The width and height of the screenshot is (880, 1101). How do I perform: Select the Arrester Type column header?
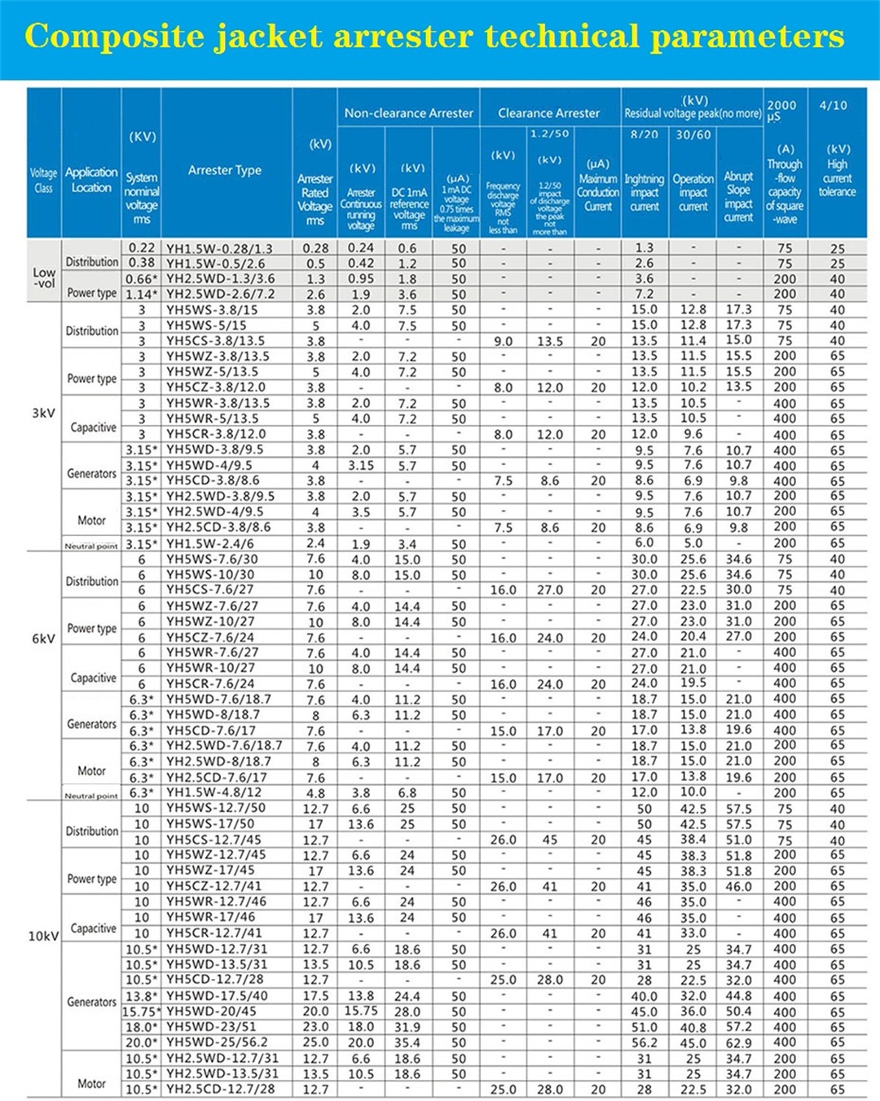pyautogui.click(x=225, y=170)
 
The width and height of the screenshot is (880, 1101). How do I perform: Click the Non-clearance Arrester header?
pyautogui.click(x=408, y=113)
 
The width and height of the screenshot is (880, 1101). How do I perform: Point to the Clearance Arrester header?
pyautogui.click(x=548, y=113)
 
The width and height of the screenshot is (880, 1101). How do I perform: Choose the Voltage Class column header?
pyautogui.click(x=43, y=180)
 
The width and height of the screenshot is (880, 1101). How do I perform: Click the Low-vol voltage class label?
pyautogui.click(x=44, y=278)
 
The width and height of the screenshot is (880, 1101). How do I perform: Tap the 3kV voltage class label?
pyautogui.click(x=43, y=413)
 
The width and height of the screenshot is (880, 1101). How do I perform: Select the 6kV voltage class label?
pyautogui.click(x=43, y=638)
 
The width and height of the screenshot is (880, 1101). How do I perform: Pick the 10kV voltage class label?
pyautogui.click(x=43, y=936)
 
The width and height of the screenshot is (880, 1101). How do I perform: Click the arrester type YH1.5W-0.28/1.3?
pyautogui.click(x=219, y=248)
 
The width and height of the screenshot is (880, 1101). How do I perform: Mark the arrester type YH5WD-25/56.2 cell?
pyautogui.click(x=217, y=1042)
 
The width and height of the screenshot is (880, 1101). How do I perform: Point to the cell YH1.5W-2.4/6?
pyautogui.click(x=210, y=543)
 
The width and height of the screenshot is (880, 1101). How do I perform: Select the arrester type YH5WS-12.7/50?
pyautogui.click(x=216, y=809)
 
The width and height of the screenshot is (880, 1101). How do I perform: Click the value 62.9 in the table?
pyautogui.click(x=738, y=1042)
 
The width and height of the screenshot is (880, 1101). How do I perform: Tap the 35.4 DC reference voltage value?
pyautogui.click(x=407, y=1042)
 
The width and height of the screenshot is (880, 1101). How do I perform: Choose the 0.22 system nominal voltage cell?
pyautogui.click(x=141, y=248)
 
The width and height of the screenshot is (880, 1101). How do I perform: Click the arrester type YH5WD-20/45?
pyautogui.click(x=211, y=1011)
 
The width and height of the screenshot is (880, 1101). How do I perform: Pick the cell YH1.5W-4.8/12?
pyautogui.click(x=213, y=792)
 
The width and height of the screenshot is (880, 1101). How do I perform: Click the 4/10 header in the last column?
pyautogui.click(x=833, y=106)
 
